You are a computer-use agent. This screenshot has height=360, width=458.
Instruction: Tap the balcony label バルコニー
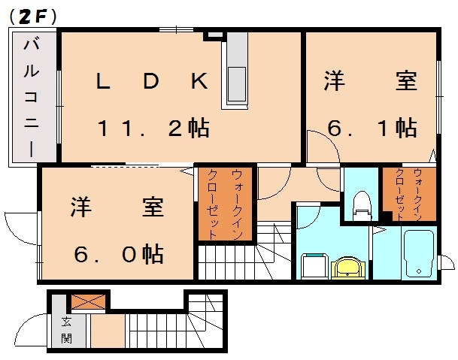(32, 95)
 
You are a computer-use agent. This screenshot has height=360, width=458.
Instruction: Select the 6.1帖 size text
(372, 128)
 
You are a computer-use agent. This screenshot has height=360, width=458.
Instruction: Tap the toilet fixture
(362, 204)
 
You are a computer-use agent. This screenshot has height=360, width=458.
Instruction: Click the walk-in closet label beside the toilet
(410, 195)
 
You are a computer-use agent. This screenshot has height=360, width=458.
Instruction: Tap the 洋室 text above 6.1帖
(372, 82)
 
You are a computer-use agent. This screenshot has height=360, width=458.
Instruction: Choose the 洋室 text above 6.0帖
(118, 207)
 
